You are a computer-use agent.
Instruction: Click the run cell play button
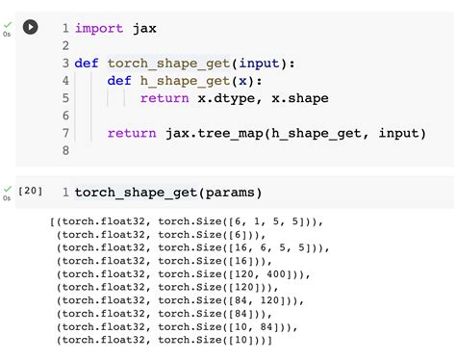30,27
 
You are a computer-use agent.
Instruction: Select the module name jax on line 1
143,29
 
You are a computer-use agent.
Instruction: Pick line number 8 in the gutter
64,150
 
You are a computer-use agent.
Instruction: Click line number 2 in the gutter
64,46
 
